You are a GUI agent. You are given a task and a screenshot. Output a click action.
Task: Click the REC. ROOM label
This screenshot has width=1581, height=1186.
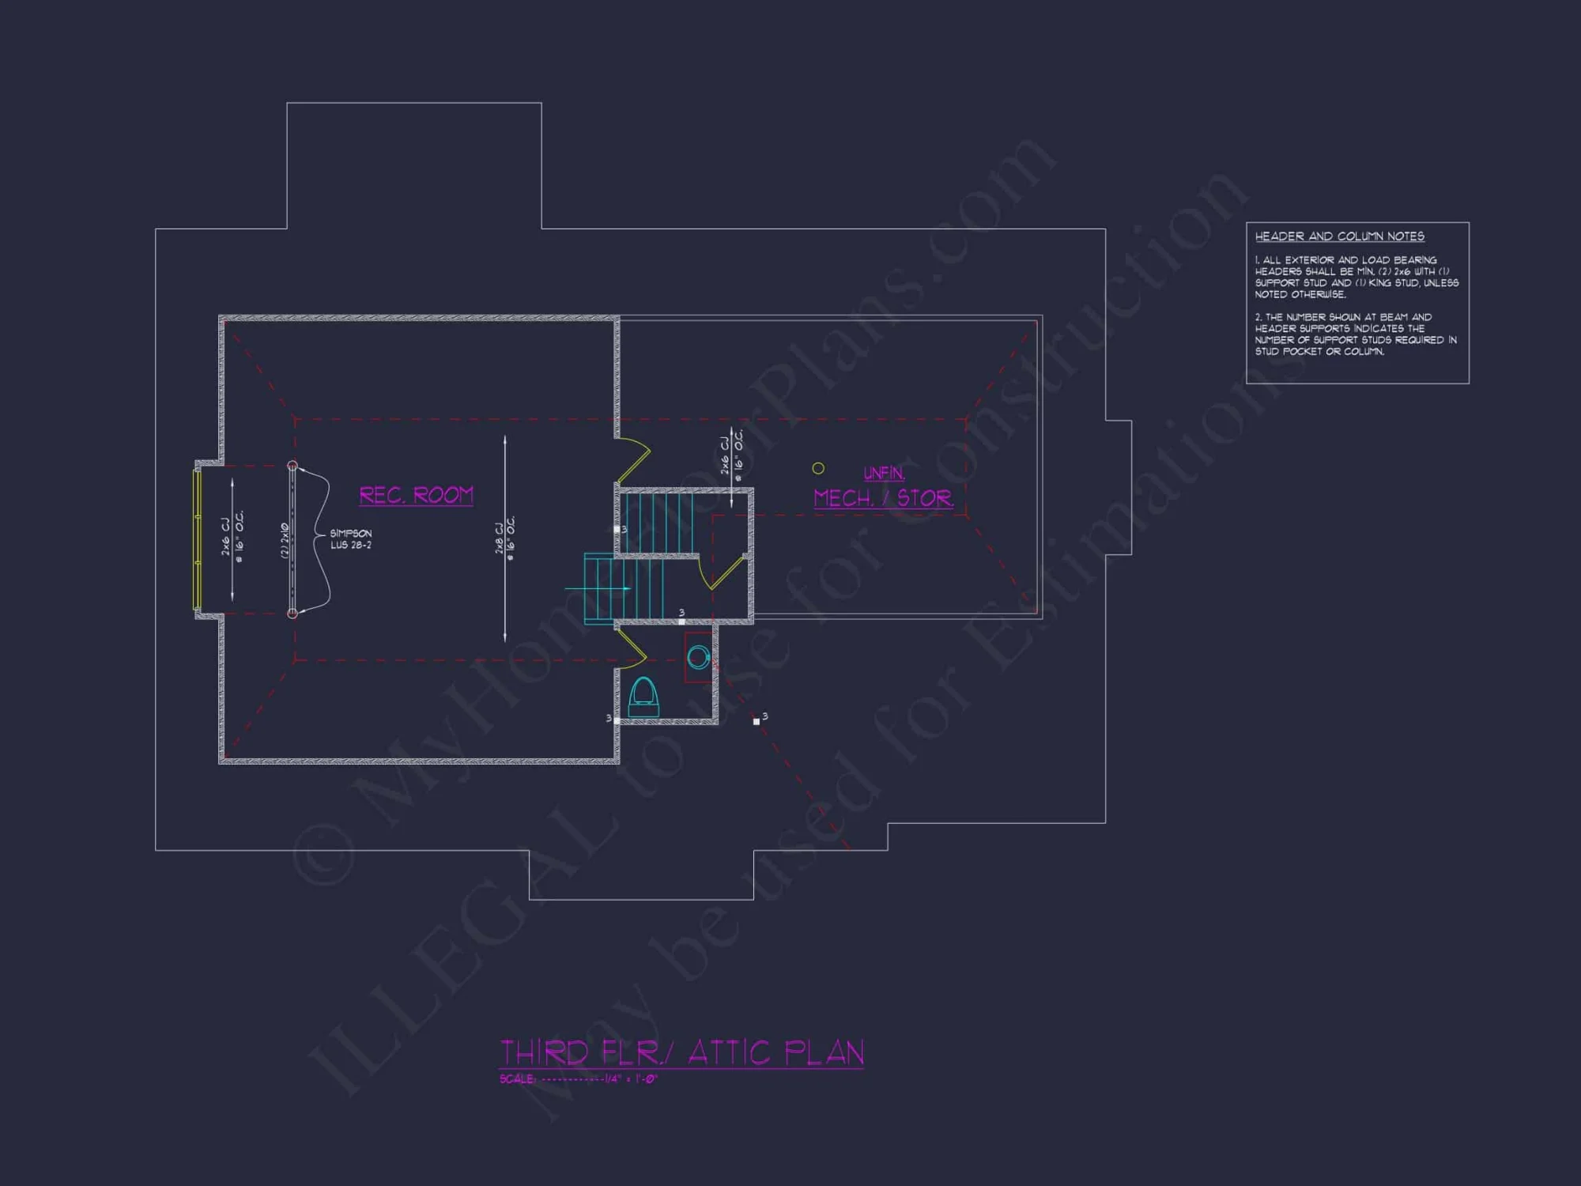[417, 495]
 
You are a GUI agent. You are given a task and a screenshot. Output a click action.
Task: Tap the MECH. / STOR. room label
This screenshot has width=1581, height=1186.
[883, 498]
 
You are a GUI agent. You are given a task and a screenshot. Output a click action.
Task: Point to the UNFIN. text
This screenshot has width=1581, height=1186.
[884, 473]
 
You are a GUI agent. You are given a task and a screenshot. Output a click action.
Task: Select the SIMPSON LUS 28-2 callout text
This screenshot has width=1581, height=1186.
[351, 539]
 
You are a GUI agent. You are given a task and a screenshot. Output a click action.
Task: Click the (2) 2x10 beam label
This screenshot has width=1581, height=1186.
[285, 540]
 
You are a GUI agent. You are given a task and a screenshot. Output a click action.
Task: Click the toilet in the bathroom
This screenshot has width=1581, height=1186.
[643, 697]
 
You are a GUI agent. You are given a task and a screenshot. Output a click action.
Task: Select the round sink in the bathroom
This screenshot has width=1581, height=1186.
[698, 657]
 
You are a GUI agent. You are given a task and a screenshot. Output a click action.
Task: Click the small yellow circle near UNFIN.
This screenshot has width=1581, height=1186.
[818, 469]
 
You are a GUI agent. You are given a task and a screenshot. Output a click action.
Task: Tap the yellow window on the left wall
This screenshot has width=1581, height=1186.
[197, 540]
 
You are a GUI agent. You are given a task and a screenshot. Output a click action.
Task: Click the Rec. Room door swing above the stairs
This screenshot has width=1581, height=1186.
[634, 459]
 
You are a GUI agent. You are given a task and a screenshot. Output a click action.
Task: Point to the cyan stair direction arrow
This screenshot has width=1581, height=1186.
[598, 589]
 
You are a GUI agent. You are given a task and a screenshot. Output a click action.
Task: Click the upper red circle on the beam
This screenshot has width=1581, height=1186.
[292, 466]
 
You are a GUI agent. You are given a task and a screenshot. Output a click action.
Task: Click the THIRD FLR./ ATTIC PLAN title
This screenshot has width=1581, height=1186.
[681, 1053]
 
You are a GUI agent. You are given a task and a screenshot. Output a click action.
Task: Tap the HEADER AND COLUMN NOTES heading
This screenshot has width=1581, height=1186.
[1339, 236]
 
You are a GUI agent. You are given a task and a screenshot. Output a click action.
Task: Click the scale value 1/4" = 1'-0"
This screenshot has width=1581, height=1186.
[631, 1079]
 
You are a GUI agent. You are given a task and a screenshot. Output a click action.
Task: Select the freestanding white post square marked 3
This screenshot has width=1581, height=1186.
[757, 721]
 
